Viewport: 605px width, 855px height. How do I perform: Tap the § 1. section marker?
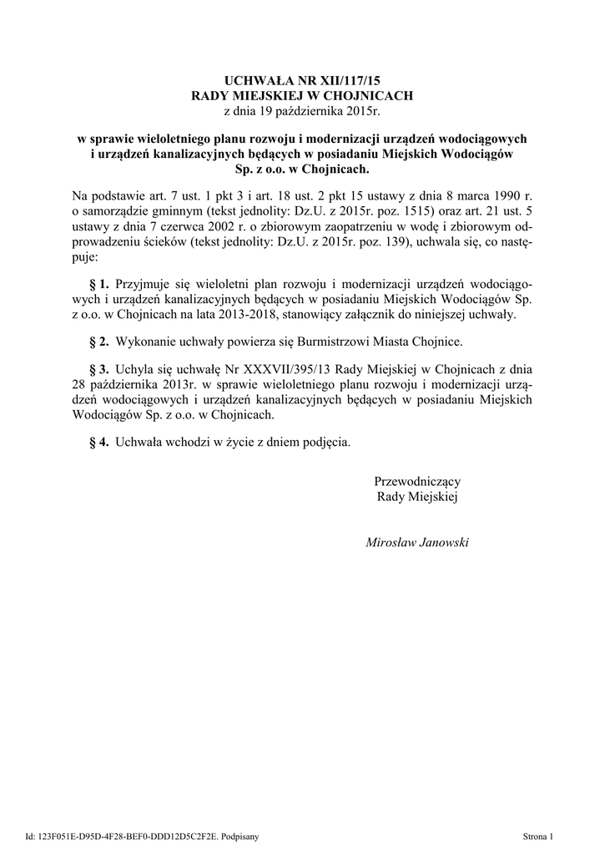tap(99, 284)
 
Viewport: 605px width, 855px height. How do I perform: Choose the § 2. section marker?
tap(99, 342)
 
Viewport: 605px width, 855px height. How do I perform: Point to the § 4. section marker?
tap(99, 442)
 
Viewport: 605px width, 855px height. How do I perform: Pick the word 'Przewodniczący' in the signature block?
tap(418, 482)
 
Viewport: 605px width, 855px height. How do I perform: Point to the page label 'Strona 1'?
tap(538, 835)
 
